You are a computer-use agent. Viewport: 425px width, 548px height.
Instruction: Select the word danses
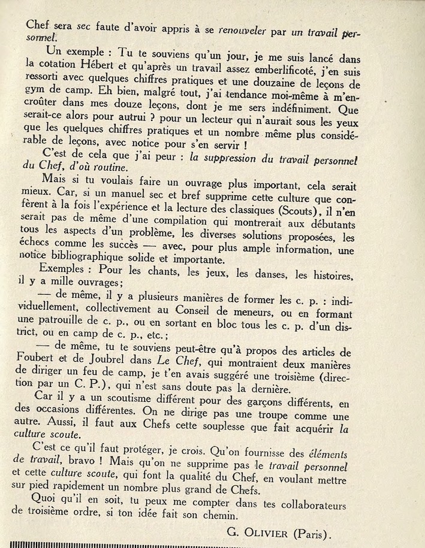(x=247, y=274)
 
